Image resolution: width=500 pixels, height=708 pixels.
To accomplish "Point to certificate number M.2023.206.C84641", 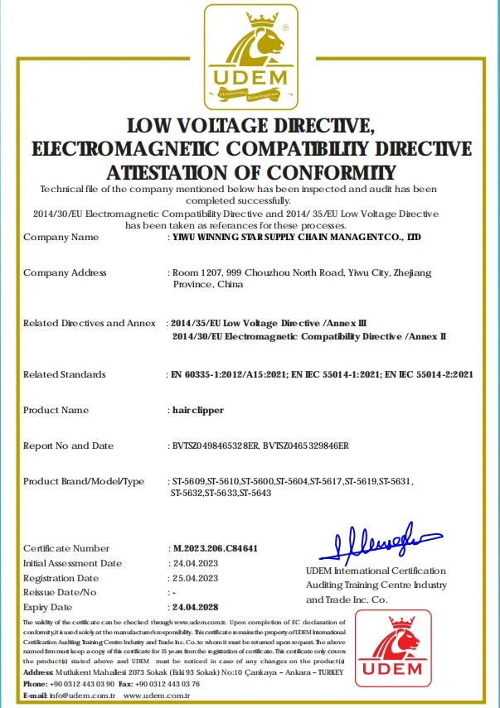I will [214, 548].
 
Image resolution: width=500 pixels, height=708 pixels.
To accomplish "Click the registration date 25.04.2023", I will [194, 577].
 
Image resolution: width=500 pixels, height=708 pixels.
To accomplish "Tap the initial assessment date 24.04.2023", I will [194, 563].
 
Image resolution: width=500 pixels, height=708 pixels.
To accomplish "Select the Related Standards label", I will [64, 374].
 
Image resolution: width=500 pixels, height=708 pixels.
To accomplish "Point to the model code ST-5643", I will [255, 494].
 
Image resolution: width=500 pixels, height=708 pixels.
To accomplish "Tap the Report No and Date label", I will [68, 446].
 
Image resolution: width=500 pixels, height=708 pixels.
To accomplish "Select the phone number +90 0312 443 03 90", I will [82, 685].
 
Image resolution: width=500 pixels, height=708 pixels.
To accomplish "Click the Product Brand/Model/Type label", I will [84, 481].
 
